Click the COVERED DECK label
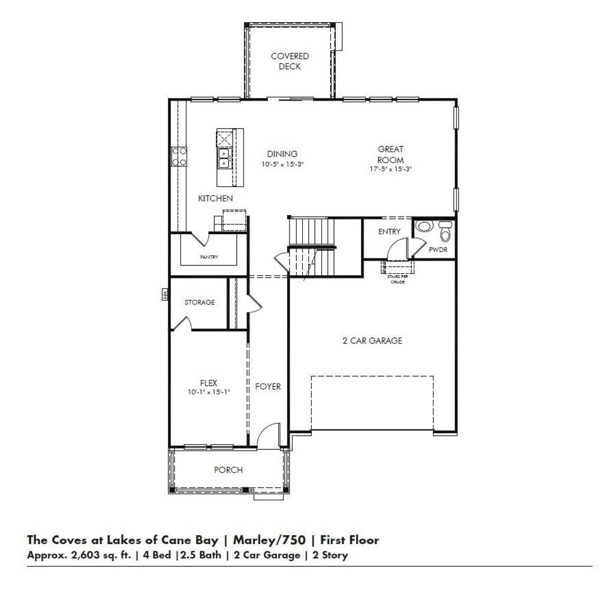[290, 61]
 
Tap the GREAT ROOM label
[390, 155]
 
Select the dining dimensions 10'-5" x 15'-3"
[283, 164]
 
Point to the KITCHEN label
[215, 198]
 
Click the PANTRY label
[209, 257]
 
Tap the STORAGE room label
[199, 303]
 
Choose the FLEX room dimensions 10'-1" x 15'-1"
[208, 392]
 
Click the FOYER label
[268, 386]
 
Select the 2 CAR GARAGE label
[372, 341]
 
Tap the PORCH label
[228, 470]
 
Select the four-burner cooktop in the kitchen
[179, 156]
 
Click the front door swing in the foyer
[270, 434]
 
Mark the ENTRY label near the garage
[389, 232]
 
